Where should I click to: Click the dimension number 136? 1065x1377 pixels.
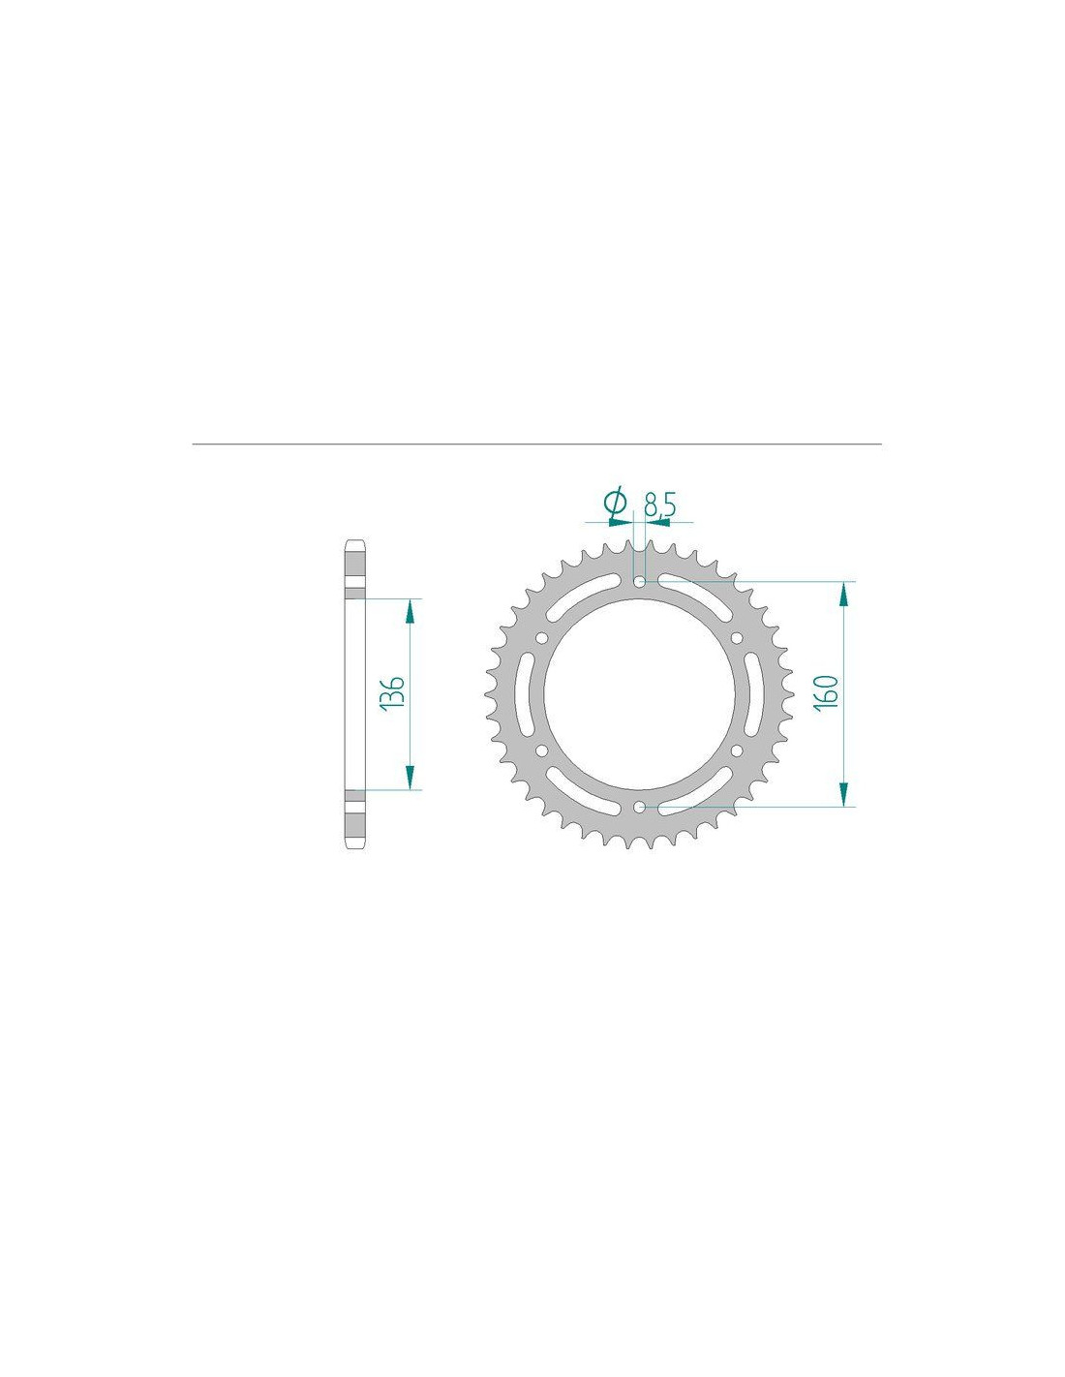393,693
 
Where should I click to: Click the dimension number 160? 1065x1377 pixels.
827,693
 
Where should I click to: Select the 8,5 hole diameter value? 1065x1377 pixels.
660,505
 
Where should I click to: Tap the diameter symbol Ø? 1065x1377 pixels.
616,503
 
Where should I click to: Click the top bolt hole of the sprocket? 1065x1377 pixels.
640,580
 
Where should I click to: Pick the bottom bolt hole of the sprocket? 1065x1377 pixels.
640,807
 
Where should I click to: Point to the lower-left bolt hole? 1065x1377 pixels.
541,750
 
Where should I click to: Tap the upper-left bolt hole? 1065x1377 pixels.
541,637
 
